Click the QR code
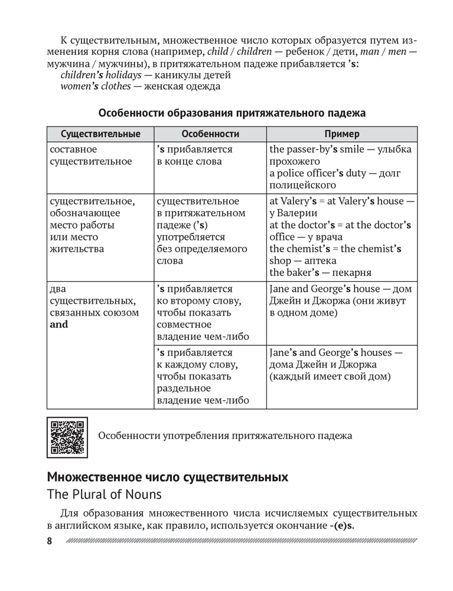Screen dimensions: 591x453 click(x=67, y=437)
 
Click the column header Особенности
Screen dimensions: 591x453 click(x=210, y=134)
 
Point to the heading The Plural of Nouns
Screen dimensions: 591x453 click(x=104, y=493)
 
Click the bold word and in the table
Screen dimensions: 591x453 click(x=60, y=324)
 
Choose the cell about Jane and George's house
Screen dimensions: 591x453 click(x=341, y=301)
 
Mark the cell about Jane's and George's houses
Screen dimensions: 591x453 click(x=341, y=364)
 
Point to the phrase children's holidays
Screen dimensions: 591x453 click(x=101, y=75)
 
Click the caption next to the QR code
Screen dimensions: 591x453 click(x=225, y=436)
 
